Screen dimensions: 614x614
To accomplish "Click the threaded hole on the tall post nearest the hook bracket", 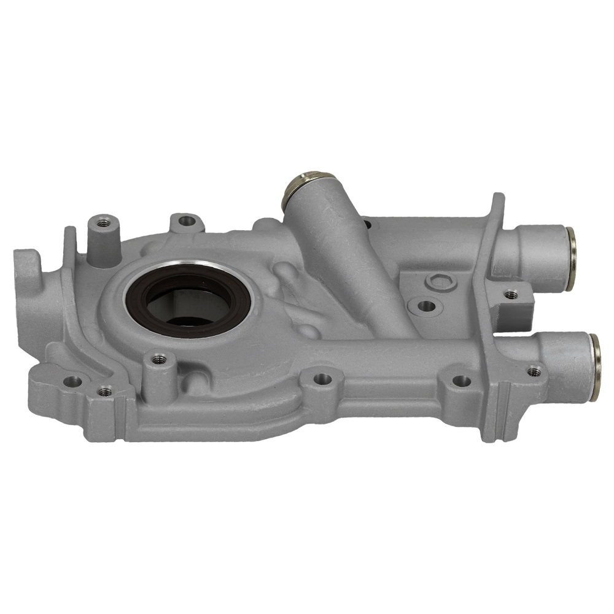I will coord(103,222).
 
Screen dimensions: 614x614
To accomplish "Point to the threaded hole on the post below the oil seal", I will coord(158,358).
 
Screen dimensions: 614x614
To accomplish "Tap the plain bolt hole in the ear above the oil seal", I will coord(186,220).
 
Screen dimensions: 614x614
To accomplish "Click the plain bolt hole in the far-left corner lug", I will coord(72,381).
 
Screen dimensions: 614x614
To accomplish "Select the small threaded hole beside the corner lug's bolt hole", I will coord(105,390).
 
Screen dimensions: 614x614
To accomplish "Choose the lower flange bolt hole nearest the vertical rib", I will coord(461,381).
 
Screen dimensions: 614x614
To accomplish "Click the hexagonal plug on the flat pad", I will coord(439,282).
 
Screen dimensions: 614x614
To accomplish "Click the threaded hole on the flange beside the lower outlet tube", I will coord(534,371).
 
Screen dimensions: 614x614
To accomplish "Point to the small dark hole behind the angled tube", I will coord(367,225).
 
